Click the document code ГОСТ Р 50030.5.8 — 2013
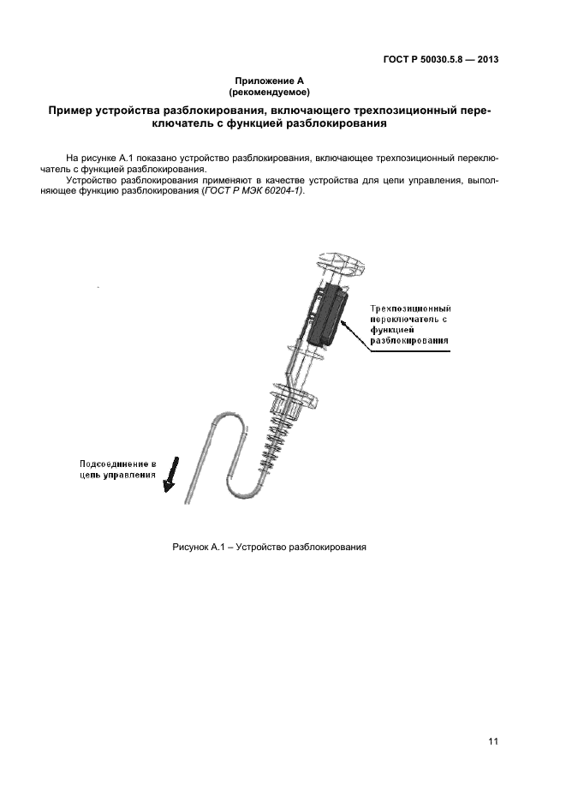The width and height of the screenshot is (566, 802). tap(440, 60)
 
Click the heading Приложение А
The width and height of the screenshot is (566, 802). tap(270, 81)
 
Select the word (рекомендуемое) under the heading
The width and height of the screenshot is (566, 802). tap(270, 91)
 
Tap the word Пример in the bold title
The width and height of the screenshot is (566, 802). tap(74, 111)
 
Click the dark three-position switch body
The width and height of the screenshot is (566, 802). tap(322, 315)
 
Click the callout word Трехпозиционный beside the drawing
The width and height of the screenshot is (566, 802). tap(410, 308)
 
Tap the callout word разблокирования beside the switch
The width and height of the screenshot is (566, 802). tap(410, 341)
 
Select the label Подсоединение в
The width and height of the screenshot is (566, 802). tap(112, 462)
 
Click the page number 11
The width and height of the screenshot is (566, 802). tap(492, 741)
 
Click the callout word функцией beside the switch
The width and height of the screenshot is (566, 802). tap(392, 330)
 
